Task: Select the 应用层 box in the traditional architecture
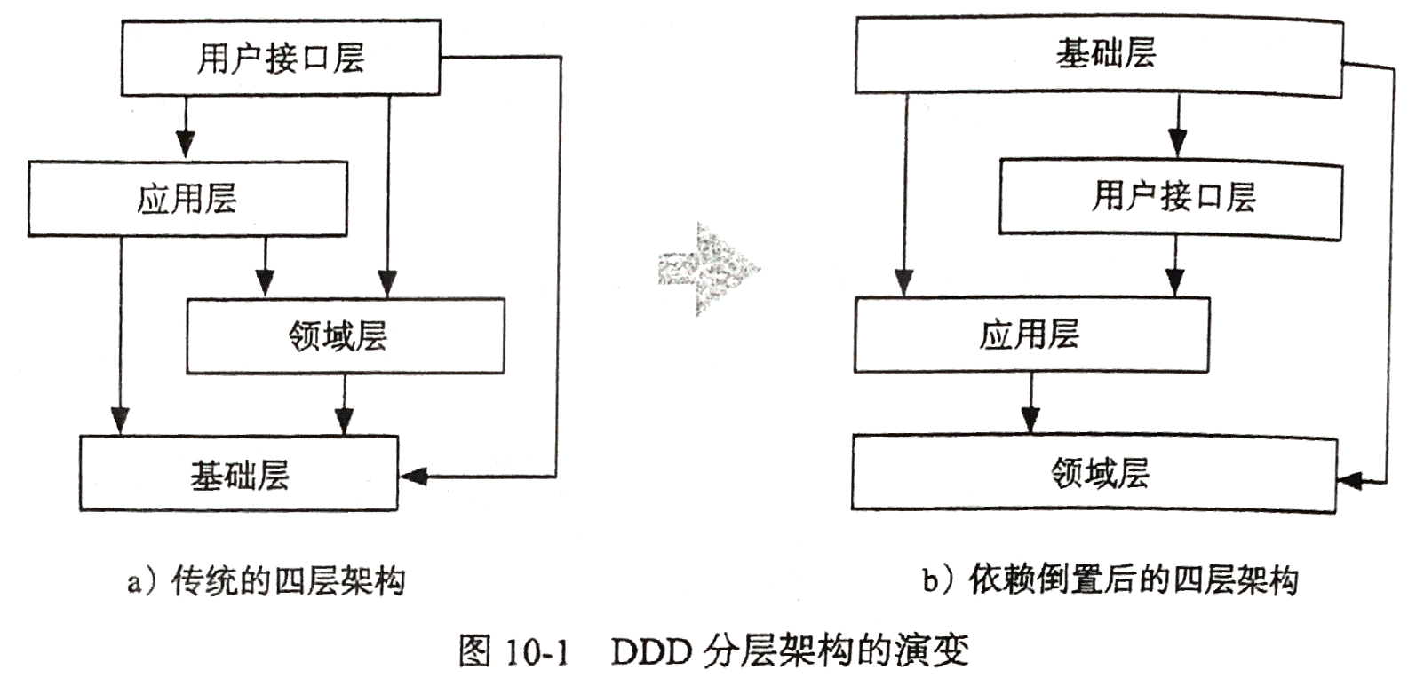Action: click(187, 199)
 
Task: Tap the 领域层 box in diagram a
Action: click(345, 335)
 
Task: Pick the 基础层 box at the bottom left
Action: click(239, 474)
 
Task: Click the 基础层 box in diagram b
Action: click(1098, 55)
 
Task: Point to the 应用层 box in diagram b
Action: click(1030, 335)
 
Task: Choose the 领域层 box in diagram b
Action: click(1094, 473)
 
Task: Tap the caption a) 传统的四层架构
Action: click(266, 582)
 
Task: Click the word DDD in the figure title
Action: click(650, 652)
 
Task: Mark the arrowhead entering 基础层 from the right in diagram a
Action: click(414, 476)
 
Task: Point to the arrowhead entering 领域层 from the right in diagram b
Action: click(1350, 481)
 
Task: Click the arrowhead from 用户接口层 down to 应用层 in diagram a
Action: click(184, 144)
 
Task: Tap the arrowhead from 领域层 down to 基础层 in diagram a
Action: click(345, 421)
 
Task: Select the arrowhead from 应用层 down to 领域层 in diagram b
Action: click(1030, 419)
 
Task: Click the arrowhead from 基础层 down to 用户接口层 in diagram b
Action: click(1177, 143)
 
